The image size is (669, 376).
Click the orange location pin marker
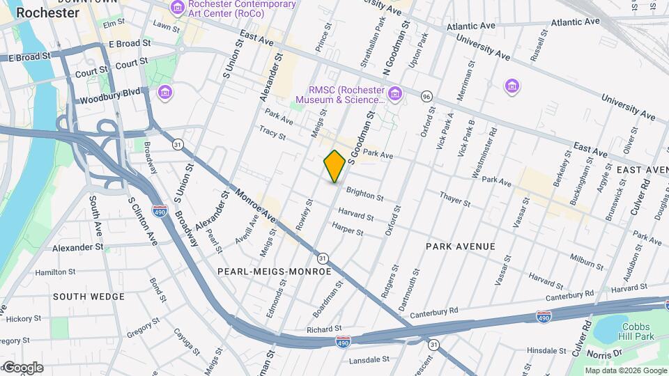coord(334,166)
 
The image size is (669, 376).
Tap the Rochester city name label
coord(47,13)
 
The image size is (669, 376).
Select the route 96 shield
coord(426,96)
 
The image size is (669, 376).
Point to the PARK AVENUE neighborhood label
coord(461,246)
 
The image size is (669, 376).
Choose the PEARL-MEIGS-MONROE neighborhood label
coord(274,271)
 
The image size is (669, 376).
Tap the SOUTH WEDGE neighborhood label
coord(89,296)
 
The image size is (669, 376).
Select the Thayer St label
coord(455,201)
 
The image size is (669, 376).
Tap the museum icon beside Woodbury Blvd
coord(165,92)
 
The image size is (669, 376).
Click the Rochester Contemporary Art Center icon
coord(178,8)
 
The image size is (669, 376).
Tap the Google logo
coord(22,368)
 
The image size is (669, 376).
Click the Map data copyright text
coord(625,370)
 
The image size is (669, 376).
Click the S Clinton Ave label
coord(141,220)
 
